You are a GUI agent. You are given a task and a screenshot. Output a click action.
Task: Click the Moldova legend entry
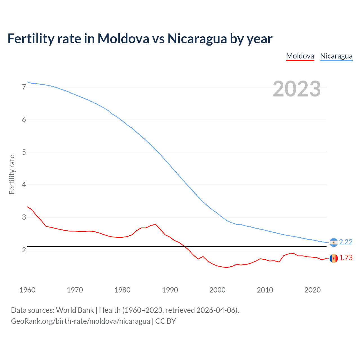(300, 56)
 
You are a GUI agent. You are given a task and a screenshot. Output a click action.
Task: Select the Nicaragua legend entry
(336, 56)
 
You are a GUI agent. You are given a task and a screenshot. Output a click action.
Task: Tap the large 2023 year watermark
(296, 89)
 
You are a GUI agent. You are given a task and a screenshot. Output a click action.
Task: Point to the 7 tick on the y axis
(24, 87)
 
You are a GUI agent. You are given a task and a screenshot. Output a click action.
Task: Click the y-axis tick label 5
(24, 152)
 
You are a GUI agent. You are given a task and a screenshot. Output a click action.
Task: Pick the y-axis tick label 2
(24, 250)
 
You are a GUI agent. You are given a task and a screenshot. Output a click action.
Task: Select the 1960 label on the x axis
(27, 290)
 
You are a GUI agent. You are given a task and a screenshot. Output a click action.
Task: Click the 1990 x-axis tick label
(170, 290)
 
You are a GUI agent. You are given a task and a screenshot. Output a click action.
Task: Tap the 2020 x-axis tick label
(312, 290)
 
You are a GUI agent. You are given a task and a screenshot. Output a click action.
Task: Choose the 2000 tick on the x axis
(217, 290)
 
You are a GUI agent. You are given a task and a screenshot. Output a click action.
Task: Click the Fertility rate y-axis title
(12, 174)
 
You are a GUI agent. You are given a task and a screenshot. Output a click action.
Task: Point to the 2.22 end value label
(346, 242)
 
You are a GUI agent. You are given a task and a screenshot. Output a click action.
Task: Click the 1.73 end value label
(346, 258)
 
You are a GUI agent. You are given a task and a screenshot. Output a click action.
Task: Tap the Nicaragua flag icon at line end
(334, 242)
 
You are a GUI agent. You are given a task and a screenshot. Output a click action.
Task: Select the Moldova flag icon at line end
(334, 258)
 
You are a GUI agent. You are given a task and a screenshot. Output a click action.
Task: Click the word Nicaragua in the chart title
(197, 39)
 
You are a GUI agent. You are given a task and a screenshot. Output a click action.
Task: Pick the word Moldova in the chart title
(123, 39)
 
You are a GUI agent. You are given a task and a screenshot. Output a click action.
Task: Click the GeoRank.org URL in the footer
(80, 321)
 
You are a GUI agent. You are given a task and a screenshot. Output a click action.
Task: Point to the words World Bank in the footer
(75, 310)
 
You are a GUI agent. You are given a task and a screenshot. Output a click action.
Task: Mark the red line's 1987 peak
(156, 224)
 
